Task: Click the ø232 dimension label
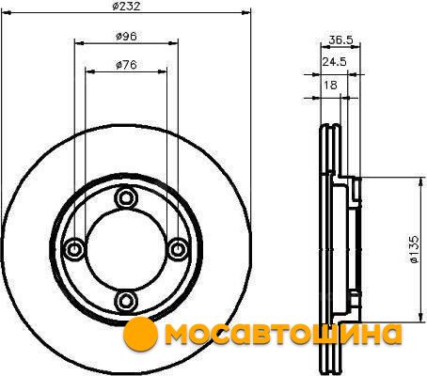click(126, 6)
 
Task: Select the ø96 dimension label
click(126, 37)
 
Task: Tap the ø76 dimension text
click(126, 65)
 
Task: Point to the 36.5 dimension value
click(340, 39)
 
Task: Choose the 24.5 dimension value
click(335, 62)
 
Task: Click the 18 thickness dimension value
click(330, 85)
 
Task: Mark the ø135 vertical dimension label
click(414, 249)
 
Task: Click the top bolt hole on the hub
click(126, 197)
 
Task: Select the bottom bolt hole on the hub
click(126, 301)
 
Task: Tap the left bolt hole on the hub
click(74, 249)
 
